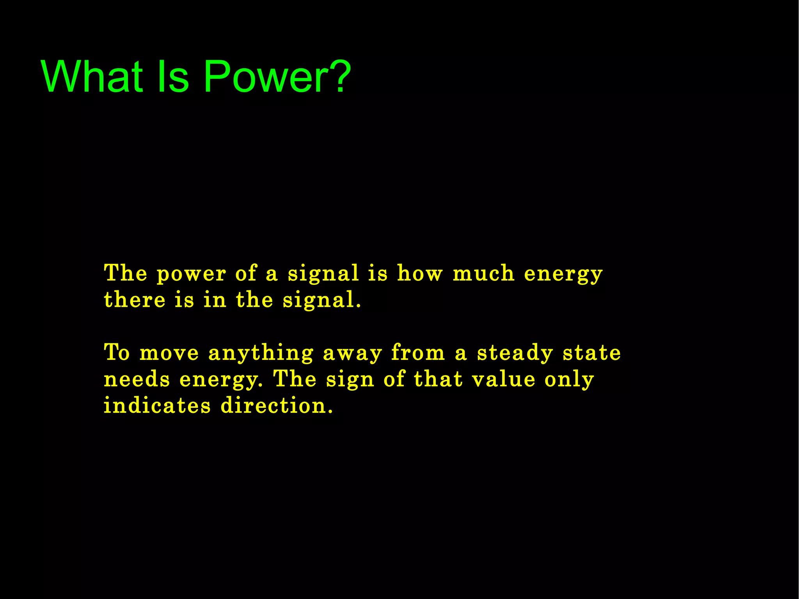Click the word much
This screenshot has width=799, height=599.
point(483,273)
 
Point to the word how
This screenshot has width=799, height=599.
point(420,273)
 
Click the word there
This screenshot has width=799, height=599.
point(135,300)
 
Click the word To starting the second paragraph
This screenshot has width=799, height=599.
point(117,353)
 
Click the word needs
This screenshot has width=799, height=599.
point(137,379)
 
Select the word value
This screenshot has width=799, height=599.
point(504,379)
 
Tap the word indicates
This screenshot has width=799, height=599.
point(157,405)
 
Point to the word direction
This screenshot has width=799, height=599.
point(277,405)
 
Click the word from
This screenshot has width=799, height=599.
point(418,353)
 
